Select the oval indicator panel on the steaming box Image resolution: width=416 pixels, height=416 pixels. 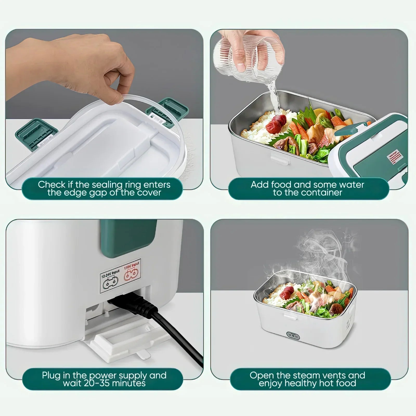click(x=293, y=336)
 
